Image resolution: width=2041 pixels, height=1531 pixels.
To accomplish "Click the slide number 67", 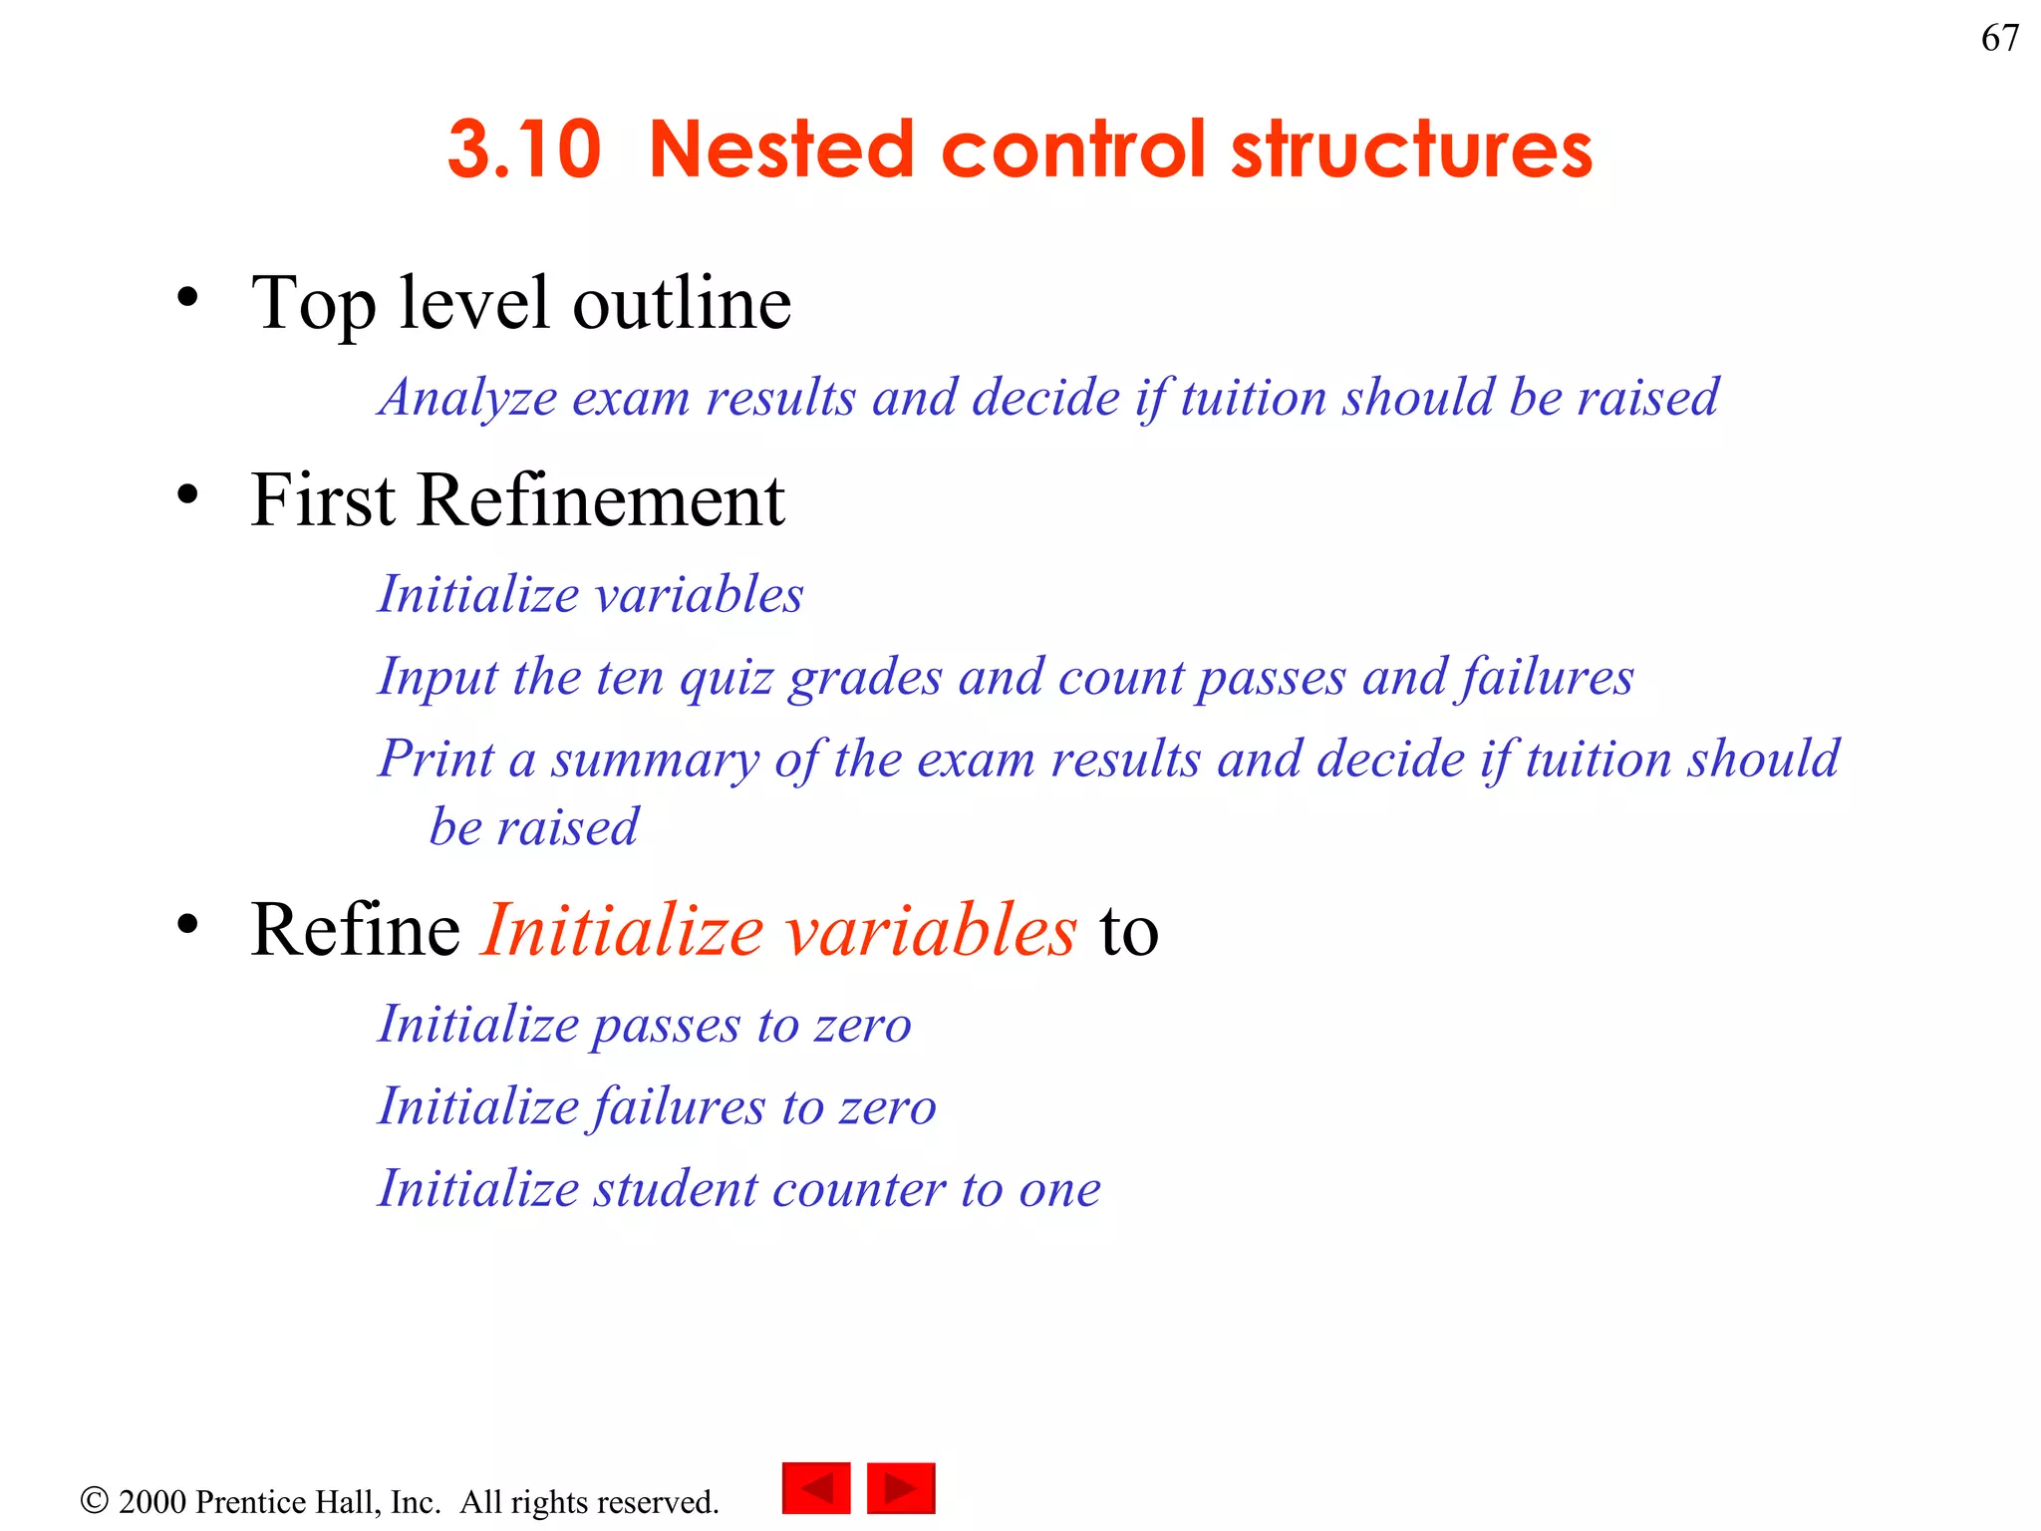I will (x=1999, y=38).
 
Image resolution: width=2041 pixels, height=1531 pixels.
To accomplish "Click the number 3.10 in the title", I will (x=524, y=150).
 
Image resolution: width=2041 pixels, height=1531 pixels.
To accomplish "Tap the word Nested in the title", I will (x=780, y=150).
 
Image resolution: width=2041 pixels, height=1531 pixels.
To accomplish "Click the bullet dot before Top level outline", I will (x=187, y=297).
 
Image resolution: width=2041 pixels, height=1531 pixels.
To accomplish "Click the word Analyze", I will (x=468, y=399).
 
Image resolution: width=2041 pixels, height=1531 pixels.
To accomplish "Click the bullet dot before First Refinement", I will (x=187, y=493).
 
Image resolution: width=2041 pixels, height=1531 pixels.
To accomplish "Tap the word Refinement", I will (x=601, y=500).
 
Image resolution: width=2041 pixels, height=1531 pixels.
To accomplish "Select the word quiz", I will (x=727, y=678).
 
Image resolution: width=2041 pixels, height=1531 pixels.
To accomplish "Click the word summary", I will (x=655, y=760).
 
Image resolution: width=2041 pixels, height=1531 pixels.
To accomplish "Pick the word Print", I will (x=436, y=760).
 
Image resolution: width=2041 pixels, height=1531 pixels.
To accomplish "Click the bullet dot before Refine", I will (x=187, y=923).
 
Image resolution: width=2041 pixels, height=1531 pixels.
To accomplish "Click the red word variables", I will (x=931, y=931).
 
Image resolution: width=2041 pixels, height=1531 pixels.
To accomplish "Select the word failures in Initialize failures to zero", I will (x=678, y=1107).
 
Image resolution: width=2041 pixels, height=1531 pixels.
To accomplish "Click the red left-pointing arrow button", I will (x=816, y=1488).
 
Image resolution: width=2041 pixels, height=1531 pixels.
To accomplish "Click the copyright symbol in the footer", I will (x=94, y=1500).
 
